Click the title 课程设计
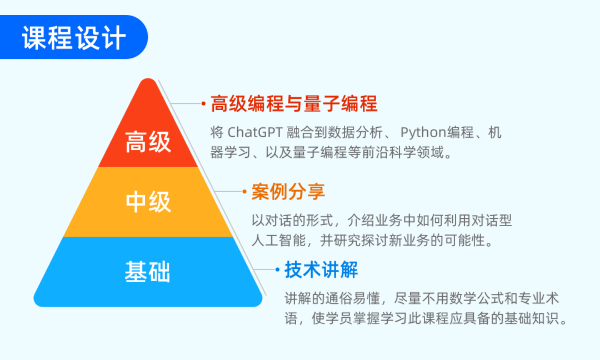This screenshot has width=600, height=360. (x=74, y=38)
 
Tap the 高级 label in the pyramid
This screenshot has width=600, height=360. (x=148, y=142)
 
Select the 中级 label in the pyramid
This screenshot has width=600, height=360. (x=148, y=202)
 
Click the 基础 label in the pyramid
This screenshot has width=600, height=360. (x=147, y=272)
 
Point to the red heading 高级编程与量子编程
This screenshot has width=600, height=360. (x=294, y=104)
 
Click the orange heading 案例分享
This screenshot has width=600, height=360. (x=288, y=191)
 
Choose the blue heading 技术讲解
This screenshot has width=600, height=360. (x=321, y=269)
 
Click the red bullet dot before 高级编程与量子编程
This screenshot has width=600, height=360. (x=203, y=103)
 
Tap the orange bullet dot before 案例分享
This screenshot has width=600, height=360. (x=244, y=191)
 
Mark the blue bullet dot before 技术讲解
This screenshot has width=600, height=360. (x=277, y=269)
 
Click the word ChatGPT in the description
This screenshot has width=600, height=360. (x=255, y=132)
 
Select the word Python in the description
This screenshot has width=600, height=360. (x=423, y=133)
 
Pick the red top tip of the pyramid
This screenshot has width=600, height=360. (x=148, y=79)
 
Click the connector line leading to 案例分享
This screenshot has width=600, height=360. (x=228, y=191)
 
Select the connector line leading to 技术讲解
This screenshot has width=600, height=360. (x=264, y=269)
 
